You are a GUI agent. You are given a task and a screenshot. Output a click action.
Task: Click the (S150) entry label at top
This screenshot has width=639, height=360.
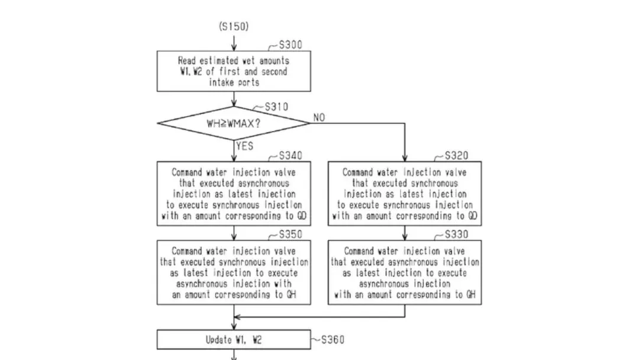[x=234, y=27]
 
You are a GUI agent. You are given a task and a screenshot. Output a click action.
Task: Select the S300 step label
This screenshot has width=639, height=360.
[x=290, y=45]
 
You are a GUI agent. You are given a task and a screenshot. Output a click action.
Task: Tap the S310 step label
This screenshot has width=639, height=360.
[x=276, y=107]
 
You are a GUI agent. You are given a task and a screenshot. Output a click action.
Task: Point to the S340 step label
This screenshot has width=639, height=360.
[x=290, y=156]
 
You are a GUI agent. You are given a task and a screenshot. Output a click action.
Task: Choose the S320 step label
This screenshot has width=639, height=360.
[x=456, y=156]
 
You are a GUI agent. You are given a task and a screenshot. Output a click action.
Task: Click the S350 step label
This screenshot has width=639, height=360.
[x=290, y=234]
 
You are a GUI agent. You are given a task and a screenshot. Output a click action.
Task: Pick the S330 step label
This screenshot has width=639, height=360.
[x=456, y=234]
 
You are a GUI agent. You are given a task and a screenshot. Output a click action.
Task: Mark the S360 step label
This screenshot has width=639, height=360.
[x=333, y=340]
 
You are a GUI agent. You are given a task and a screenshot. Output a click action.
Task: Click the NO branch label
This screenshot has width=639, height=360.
[x=319, y=117]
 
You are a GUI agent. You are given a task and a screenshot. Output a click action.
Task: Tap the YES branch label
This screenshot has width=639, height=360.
[x=244, y=146]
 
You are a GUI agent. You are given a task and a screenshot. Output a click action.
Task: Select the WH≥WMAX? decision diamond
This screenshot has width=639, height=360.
[x=234, y=123]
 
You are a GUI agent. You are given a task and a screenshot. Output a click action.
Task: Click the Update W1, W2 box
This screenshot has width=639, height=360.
[x=234, y=340]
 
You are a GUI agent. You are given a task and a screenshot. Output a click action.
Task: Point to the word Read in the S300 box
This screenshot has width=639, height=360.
[x=186, y=61]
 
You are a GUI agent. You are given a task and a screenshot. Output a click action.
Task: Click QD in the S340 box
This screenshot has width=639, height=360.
[x=302, y=216]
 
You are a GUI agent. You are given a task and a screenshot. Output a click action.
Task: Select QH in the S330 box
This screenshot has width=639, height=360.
[x=471, y=294]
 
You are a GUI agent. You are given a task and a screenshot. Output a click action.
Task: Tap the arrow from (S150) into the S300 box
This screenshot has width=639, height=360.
[x=234, y=43]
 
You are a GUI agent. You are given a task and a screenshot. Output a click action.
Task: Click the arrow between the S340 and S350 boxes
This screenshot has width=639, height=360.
[x=234, y=233]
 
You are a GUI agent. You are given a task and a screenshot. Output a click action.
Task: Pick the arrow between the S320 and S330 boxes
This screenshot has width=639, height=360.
[x=405, y=233]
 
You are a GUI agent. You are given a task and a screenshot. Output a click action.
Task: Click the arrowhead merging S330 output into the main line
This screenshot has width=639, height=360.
[x=237, y=317]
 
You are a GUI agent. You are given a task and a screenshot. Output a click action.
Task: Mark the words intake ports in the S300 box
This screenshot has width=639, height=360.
[x=234, y=82]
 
